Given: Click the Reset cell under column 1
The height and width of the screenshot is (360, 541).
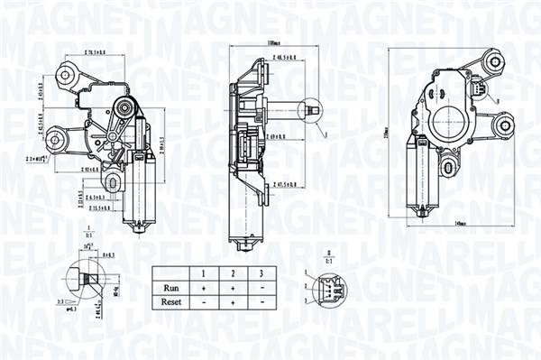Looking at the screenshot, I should tap(205, 302).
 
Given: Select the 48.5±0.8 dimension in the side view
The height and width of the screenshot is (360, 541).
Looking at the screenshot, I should tap(288, 57).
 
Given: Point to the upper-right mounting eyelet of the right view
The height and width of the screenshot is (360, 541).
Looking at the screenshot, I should tap(492, 64).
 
